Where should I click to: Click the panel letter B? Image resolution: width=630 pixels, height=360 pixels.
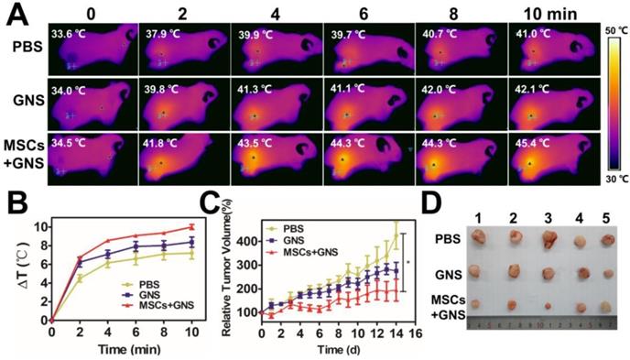(13, 194)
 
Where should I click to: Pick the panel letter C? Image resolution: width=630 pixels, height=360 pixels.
(229, 194)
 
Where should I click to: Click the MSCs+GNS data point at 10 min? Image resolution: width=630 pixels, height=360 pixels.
(192, 227)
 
